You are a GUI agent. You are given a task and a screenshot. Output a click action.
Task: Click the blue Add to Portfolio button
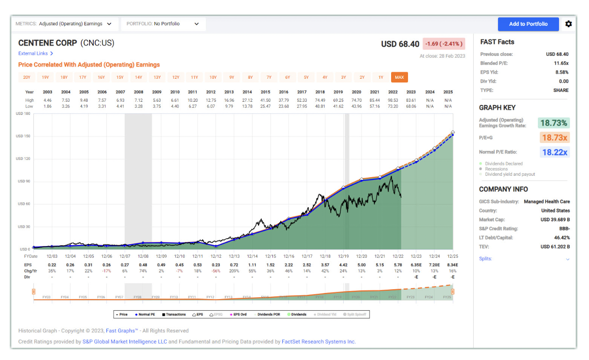coord(528,24)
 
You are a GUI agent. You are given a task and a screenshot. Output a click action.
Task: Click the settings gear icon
coord(568,24)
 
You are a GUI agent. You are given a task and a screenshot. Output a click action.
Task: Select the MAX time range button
coord(399,77)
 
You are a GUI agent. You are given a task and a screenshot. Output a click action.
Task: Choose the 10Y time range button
coord(213,77)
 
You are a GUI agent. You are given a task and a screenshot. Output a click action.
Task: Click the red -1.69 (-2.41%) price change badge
coord(444,44)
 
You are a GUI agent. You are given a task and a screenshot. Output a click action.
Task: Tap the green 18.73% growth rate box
coord(554,123)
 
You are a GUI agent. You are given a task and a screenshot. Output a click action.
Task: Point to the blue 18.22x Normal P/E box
coord(554,152)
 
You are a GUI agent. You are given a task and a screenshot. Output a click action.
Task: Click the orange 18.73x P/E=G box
coord(554,137)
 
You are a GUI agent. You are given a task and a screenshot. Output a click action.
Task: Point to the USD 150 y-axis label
coord(26,136)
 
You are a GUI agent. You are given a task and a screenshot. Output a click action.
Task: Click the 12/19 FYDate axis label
coord(343,256)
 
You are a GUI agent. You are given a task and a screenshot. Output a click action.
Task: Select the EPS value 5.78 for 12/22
coord(398,265)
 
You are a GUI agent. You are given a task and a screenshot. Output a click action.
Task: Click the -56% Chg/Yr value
coord(216,270)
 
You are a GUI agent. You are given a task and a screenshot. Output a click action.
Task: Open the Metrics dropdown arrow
coord(109,24)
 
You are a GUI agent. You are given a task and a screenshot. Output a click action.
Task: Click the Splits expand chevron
coord(567,259)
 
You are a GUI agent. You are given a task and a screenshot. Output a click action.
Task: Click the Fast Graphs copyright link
coord(120,331)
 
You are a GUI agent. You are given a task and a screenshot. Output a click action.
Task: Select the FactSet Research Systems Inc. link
coord(318,342)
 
